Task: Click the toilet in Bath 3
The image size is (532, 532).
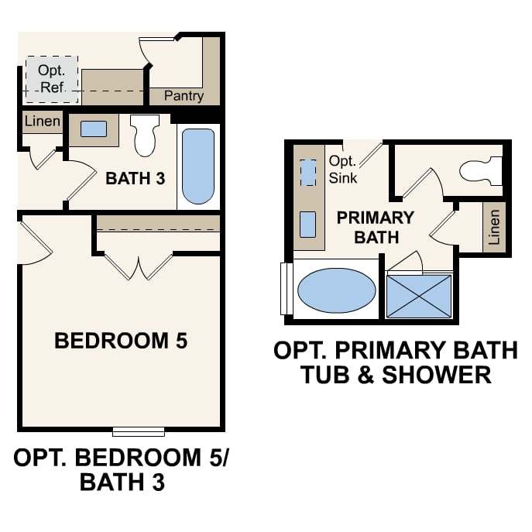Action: [145, 135]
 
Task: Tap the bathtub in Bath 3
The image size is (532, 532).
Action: [198, 166]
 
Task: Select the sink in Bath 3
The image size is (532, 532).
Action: [94, 129]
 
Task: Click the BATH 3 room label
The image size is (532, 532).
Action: [136, 178]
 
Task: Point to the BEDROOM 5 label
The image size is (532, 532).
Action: [121, 341]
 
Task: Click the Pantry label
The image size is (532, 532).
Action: [184, 96]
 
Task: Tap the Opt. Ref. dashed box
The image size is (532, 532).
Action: [52, 80]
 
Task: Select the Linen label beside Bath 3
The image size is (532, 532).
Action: [43, 121]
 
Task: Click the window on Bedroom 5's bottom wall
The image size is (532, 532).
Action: [139, 431]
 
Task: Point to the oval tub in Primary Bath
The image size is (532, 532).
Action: [337, 290]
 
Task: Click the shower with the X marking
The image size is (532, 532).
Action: [420, 296]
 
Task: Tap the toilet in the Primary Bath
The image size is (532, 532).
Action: [481, 171]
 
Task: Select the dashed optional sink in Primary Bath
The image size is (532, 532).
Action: [308, 173]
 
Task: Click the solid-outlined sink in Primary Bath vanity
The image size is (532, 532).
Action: [308, 225]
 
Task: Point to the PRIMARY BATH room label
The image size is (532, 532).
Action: [376, 228]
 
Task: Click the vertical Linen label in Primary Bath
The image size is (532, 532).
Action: [494, 227]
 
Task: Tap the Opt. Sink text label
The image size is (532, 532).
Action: [343, 170]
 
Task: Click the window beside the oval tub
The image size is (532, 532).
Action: [287, 289]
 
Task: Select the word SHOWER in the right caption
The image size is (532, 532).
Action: [437, 375]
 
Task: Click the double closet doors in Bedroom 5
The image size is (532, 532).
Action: [139, 266]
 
